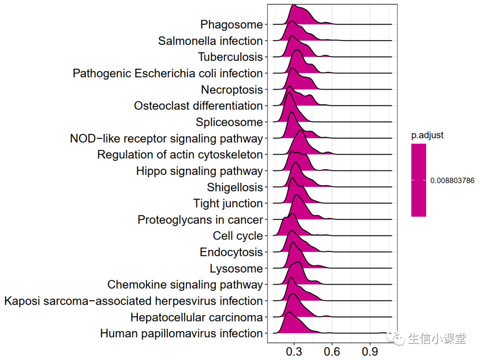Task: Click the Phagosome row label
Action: click(231, 25)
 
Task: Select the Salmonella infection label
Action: click(210, 41)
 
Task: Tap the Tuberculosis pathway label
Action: click(230, 57)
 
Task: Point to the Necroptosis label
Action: click(232, 90)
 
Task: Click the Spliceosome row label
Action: click(229, 122)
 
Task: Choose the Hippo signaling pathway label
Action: click(199, 171)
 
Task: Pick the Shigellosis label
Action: click(235, 187)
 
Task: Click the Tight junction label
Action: click(228, 203)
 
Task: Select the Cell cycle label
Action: click(237, 236)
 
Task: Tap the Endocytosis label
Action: click(231, 252)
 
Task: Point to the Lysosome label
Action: click(236, 269)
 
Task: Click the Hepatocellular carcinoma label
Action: click(196, 317)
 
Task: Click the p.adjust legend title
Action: click(427, 136)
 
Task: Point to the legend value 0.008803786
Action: click(452, 181)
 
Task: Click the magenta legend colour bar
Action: click(419, 180)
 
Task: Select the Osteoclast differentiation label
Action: click(198, 106)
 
